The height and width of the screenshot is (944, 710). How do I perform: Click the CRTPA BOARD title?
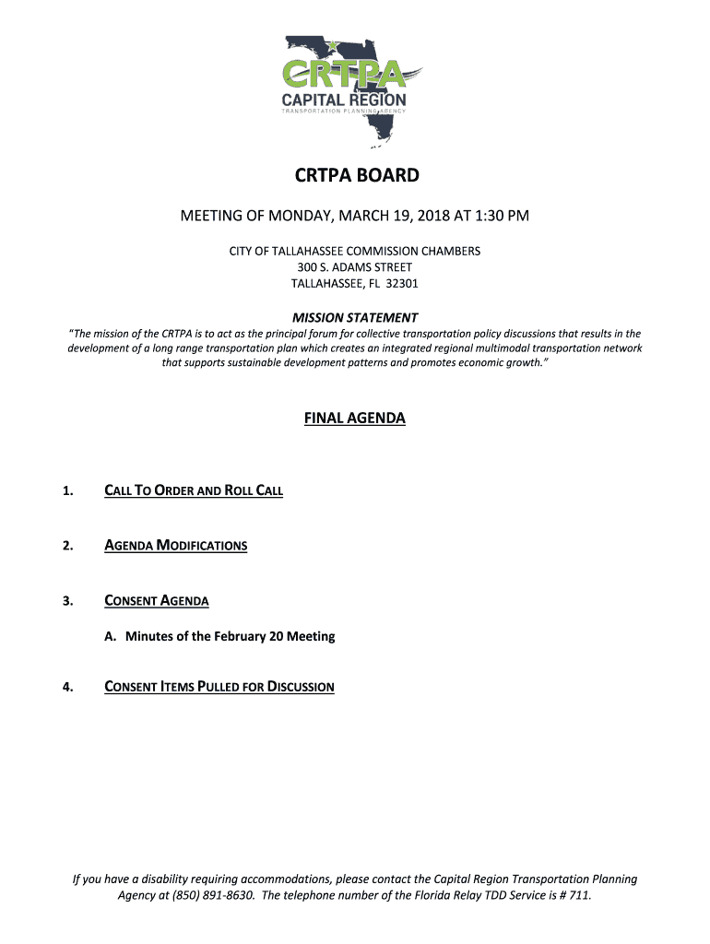[x=355, y=175]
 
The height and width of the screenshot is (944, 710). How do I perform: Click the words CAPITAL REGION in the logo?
[x=343, y=100]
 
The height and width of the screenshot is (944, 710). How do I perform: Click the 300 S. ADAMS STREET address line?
[x=355, y=267]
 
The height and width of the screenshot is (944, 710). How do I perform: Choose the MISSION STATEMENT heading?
[x=355, y=317]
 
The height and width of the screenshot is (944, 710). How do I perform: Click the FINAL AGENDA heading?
[x=355, y=419]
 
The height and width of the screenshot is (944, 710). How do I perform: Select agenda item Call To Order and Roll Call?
[x=194, y=490]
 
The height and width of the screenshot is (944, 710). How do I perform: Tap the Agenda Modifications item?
[x=176, y=546]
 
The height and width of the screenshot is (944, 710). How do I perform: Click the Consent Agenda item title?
[x=157, y=601]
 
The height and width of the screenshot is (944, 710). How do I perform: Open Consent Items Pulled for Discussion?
[x=219, y=687]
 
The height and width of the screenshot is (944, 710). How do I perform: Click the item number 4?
[x=67, y=687]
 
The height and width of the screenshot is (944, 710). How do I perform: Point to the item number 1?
[x=67, y=490]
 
